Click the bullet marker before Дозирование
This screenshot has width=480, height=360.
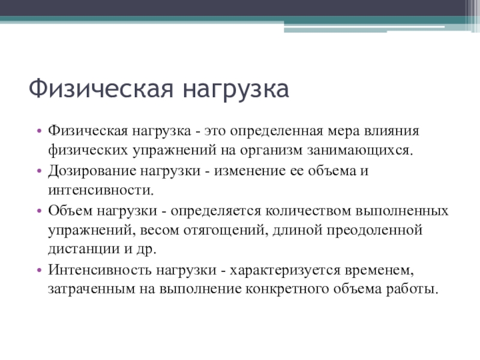pyautogui.click(x=40, y=170)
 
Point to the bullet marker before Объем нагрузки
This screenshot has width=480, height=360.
pyautogui.click(x=40, y=211)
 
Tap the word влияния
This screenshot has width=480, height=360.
pyautogui.click(x=400, y=130)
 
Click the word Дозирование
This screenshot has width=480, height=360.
pyautogui.click(x=89, y=170)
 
